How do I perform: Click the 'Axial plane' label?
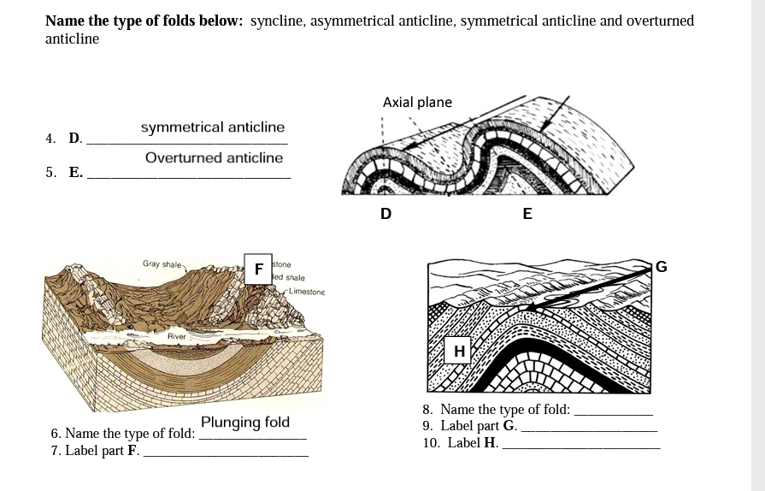(x=417, y=103)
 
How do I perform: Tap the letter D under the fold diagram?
(x=385, y=214)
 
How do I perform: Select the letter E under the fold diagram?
(x=527, y=214)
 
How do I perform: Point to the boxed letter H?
(x=459, y=351)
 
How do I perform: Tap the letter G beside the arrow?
(x=661, y=267)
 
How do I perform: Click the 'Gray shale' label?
(x=161, y=264)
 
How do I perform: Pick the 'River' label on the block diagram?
(x=177, y=337)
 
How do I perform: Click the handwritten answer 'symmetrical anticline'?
(x=213, y=127)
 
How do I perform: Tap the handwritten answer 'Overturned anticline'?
(x=214, y=158)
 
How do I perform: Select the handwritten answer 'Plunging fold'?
(x=245, y=423)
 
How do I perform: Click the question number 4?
(x=50, y=139)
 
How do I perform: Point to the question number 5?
(x=50, y=172)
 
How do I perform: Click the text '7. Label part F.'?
(x=95, y=451)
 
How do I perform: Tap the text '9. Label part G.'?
(x=469, y=426)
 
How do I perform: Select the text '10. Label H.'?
(x=461, y=443)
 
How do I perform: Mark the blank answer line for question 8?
(x=613, y=414)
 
